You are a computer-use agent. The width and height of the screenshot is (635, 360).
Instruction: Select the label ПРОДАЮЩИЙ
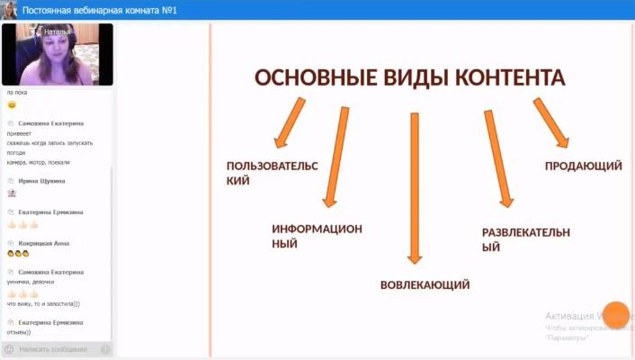[x=583, y=166]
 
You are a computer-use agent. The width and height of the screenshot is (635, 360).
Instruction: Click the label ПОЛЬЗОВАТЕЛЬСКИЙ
[x=259, y=173]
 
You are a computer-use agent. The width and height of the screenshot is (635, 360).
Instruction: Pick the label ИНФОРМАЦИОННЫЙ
[x=317, y=236]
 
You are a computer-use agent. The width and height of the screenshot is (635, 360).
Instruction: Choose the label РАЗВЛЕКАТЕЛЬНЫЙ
[x=525, y=239]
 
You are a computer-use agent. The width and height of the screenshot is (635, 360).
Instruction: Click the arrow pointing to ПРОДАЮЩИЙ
[x=550, y=121]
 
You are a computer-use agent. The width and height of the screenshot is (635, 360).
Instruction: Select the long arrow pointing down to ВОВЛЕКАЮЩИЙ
[x=414, y=189]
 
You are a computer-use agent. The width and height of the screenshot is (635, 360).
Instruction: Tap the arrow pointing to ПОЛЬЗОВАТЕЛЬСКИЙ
[x=290, y=122]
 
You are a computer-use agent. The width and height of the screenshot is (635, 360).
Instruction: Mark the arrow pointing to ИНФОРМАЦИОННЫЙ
[x=335, y=157]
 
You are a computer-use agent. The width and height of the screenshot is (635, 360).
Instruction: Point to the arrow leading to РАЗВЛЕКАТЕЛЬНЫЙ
[x=498, y=158]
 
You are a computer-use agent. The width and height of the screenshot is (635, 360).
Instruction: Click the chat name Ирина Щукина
[x=41, y=180]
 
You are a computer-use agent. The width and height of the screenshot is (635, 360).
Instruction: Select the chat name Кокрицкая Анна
[x=44, y=243]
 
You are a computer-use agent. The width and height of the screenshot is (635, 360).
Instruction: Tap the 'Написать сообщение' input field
[x=54, y=348]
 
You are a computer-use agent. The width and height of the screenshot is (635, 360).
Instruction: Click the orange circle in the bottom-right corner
[x=616, y=314]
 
